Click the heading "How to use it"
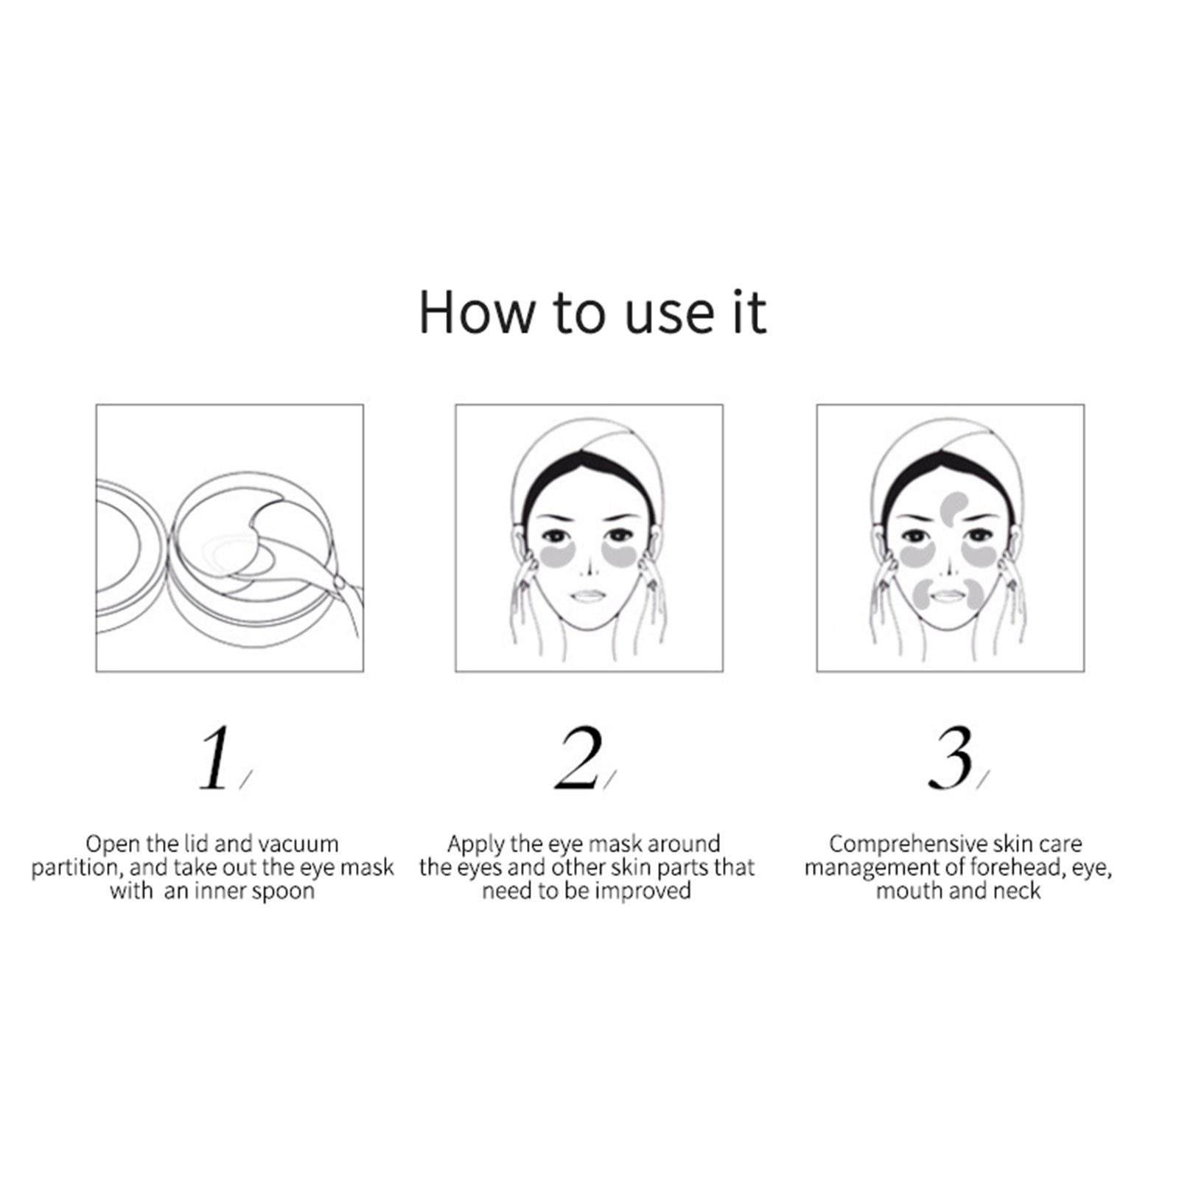592,312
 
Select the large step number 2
578,759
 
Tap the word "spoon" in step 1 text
283,892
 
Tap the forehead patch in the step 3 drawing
955,508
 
